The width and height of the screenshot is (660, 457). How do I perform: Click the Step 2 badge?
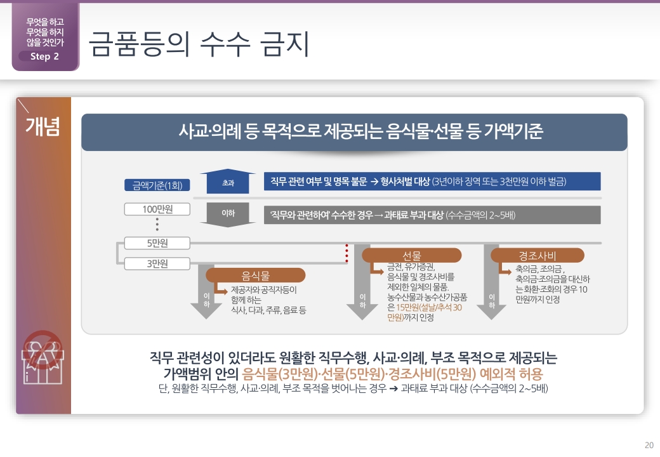tap(44, 56)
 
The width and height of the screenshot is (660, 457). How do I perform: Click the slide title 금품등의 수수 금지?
tap(199, 44)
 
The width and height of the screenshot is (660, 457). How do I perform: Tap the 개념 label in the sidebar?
tap(43, 126)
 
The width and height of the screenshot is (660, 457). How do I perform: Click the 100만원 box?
tap(157, 209)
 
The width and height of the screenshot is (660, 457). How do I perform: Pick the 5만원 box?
tap(157, 243)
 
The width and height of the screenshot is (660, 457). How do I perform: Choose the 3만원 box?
tap(157, 263)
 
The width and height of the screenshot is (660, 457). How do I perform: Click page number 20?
tap(649, 444)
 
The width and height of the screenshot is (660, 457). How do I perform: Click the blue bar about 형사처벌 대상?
tap(432, 182)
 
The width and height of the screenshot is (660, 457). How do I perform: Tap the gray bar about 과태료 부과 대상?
tap(432, 215)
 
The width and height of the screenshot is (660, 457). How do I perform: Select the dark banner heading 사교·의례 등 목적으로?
tap(354, 132)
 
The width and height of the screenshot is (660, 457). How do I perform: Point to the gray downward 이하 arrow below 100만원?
tap(227, 215)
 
